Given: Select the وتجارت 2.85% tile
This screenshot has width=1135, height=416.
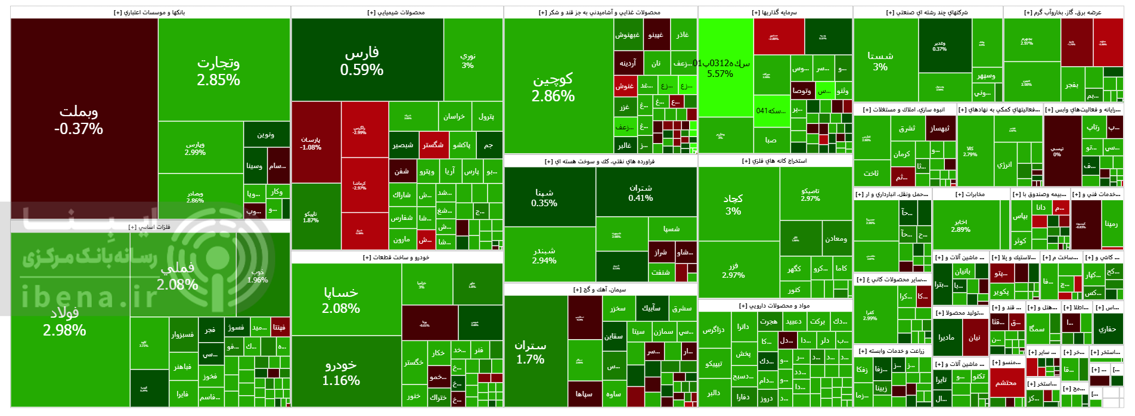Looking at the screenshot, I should coord(218,71).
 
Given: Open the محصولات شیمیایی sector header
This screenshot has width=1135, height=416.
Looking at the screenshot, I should coord(396,13).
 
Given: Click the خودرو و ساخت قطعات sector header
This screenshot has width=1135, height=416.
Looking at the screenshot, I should coord(396,257).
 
